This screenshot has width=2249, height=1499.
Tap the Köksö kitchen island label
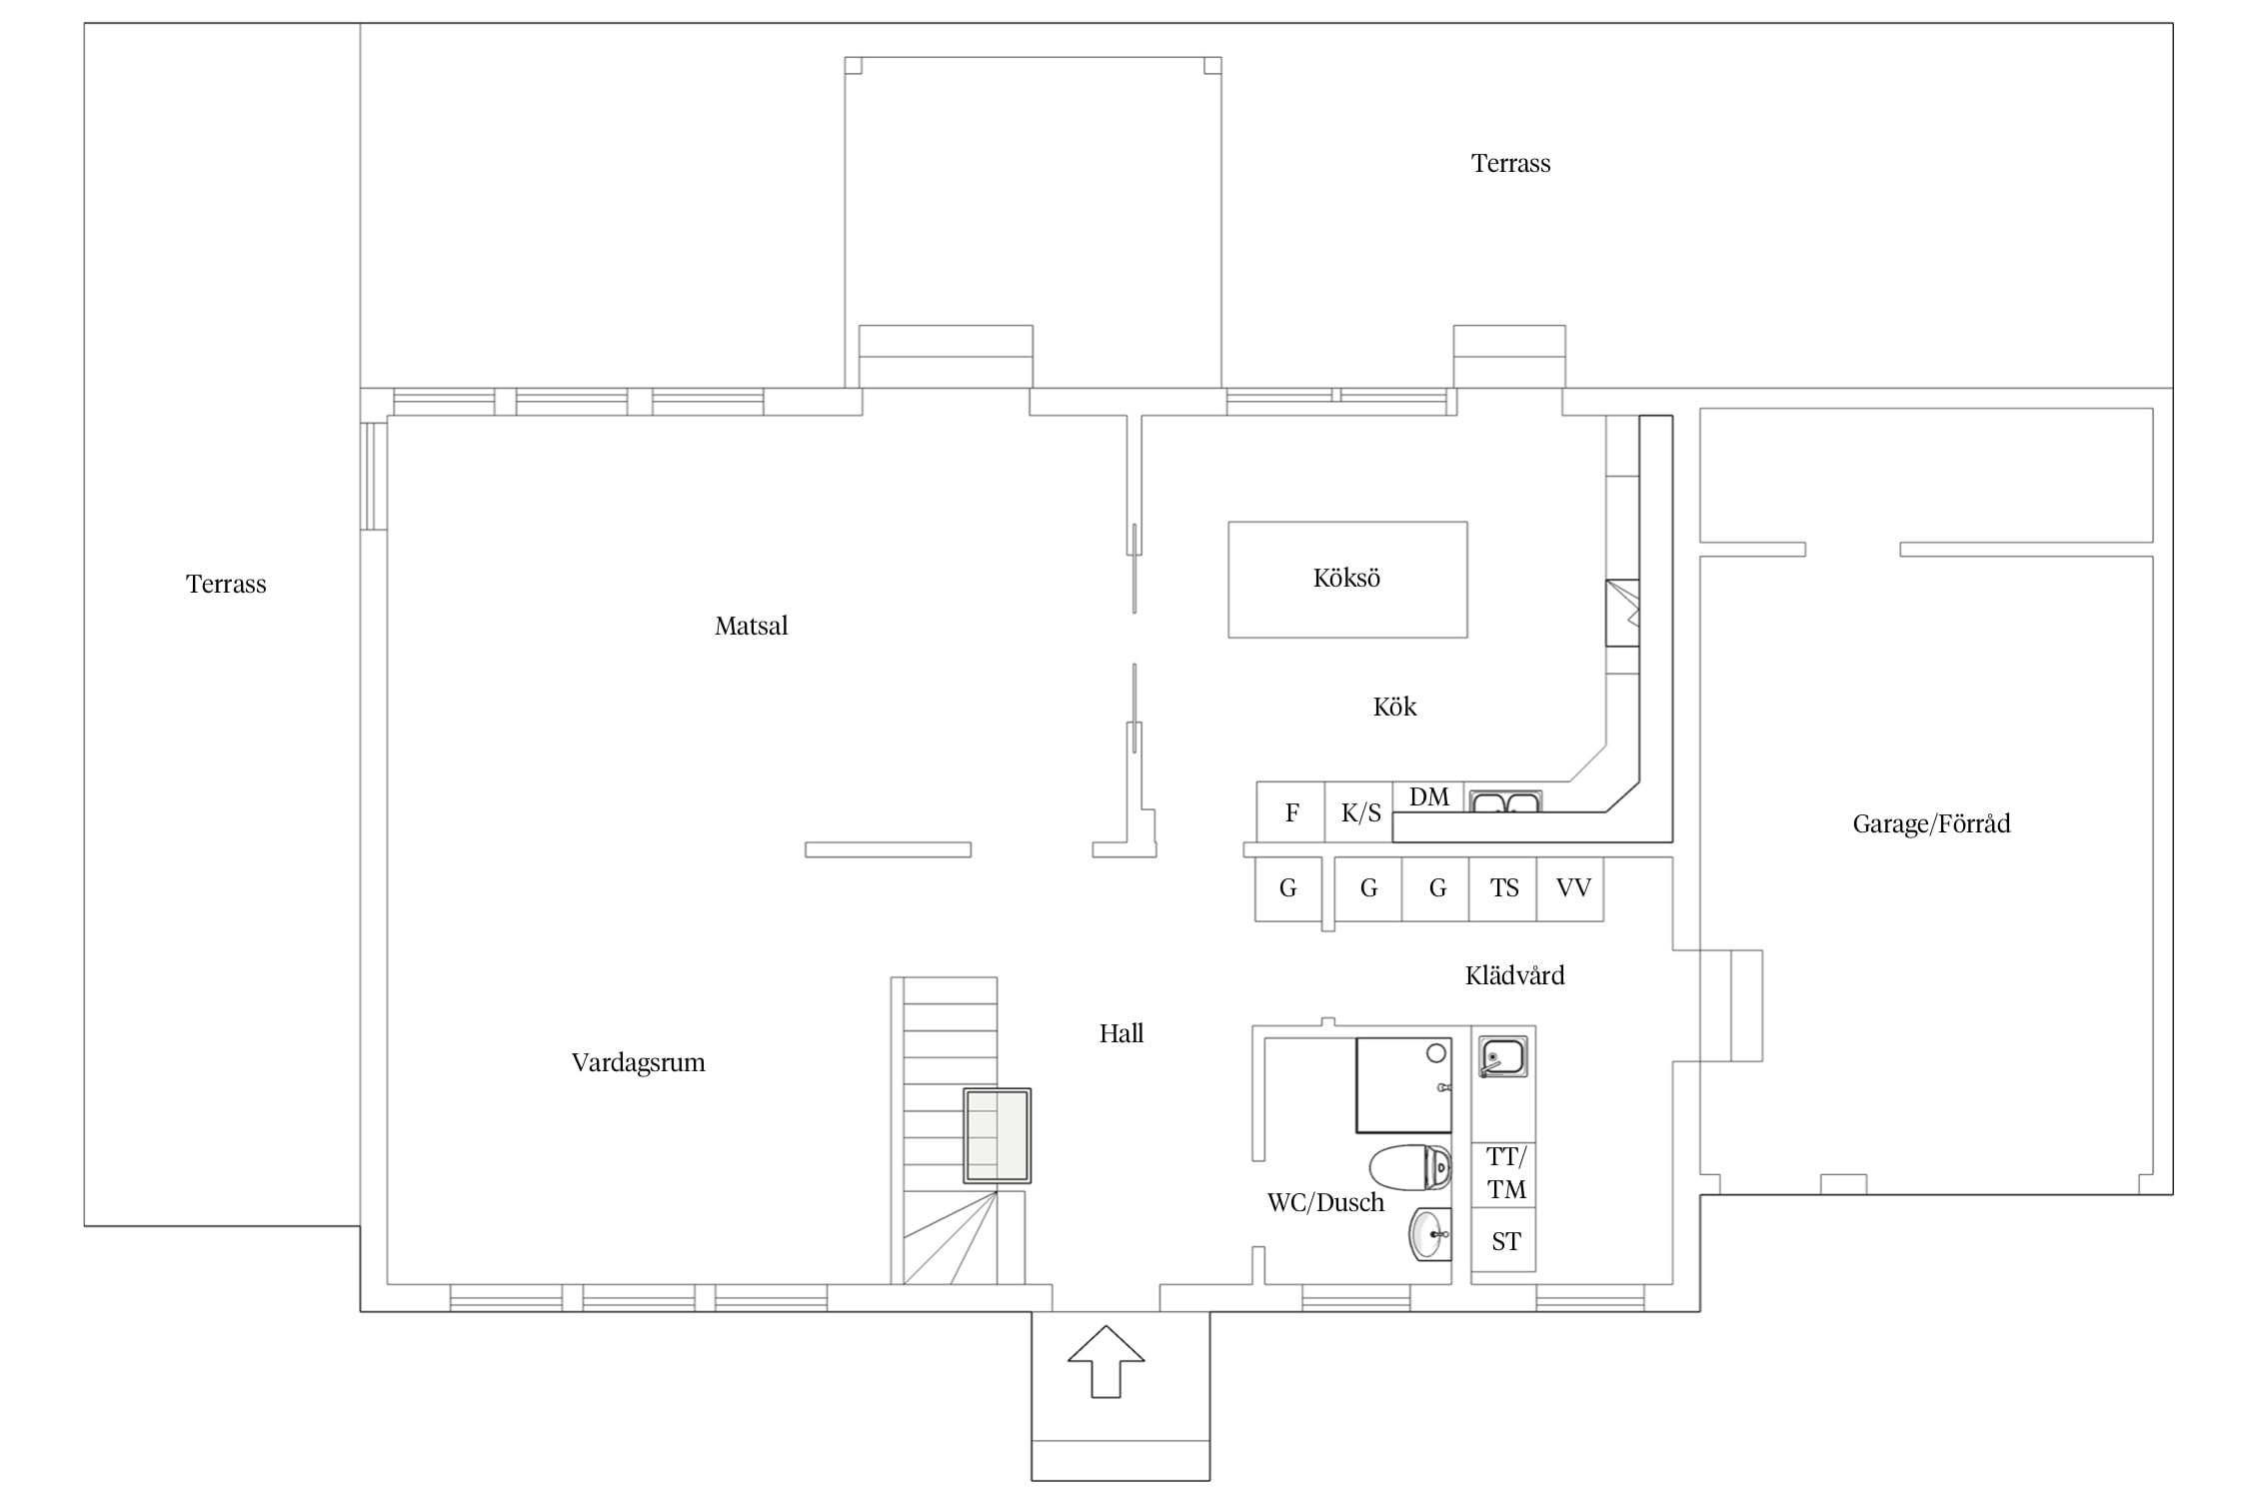coord(1346,578)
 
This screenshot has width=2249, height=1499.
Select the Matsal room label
coord(751,626)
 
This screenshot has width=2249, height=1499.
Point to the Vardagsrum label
coord(638,1062)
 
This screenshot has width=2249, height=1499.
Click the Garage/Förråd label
coord(1931,823)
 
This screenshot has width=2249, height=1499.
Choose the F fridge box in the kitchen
coord(1290,811)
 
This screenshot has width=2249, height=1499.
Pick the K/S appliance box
coord(1359,811)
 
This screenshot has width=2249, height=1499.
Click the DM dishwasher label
coord(1429,796)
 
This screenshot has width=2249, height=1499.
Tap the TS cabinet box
coord(1503,888)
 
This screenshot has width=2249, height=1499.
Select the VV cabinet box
coord(1571,888)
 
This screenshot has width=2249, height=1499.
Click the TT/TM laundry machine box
coord(1503,1175)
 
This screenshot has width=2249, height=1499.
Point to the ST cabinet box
coord(1503,1240)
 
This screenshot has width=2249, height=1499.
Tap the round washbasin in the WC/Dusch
coord(1429,1235)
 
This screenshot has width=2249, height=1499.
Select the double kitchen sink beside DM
coord(1505,801)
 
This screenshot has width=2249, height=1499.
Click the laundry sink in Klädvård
coord(1502,1057)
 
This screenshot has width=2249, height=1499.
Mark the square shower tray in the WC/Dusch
coord(1403,1085)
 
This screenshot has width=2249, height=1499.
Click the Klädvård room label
coord(1514,975)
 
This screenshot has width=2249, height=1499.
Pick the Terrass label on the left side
coord(226,584)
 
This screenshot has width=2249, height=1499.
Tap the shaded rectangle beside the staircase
coord(997,1136)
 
